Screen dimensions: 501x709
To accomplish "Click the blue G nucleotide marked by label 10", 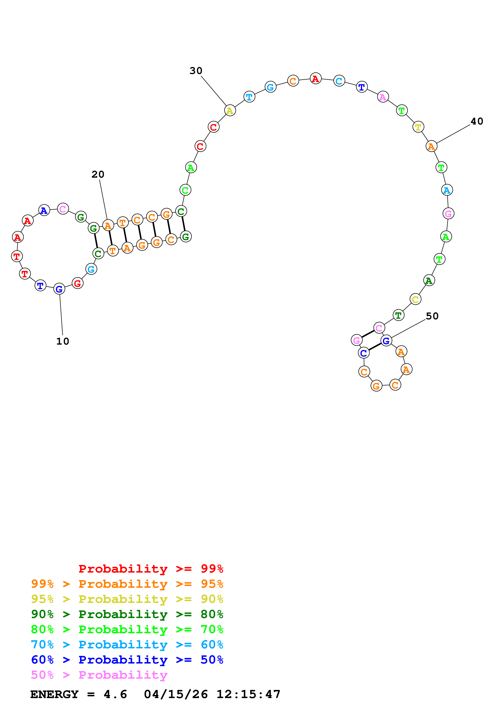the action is [x=59, y=289].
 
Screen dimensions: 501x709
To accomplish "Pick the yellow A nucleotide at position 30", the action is [x=230, y=111].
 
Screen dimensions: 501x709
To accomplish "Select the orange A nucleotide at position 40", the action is [x=431, y=146].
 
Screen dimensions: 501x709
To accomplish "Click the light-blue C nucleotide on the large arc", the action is [x=339, y=81].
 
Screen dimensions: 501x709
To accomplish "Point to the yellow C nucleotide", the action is [x=416, y=299].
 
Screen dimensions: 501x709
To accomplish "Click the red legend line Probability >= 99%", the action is [x=151, y=569].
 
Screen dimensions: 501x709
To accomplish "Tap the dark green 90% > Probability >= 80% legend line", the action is [x=127, y=614].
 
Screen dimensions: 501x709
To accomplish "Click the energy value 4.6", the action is [x=115, y=694].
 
